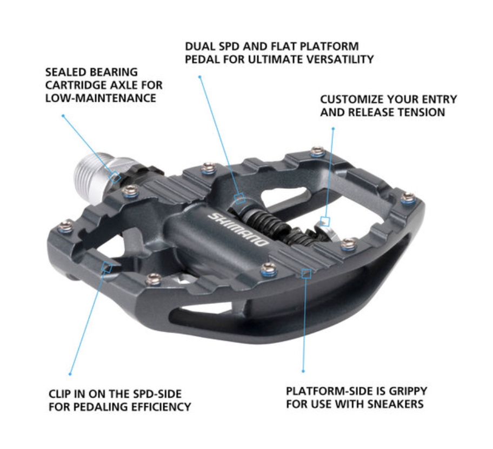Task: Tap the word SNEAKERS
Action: [396, 404]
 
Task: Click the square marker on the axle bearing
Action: [115, 176]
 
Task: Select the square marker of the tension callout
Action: [325, 221]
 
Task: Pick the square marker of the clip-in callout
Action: [108, 267]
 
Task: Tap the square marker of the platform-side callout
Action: [307, 274]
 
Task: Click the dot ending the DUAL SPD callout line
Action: [200, 77]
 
